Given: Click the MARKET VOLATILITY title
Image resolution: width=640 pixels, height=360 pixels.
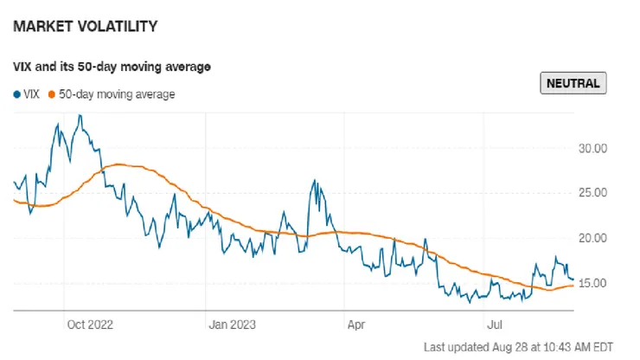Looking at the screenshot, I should [85, 27].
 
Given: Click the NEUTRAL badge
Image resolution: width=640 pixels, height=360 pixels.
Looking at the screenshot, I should [573, 83].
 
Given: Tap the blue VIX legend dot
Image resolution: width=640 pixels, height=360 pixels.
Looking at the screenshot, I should [17, 94].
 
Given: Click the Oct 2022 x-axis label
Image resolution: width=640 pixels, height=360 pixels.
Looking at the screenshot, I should [90, 325].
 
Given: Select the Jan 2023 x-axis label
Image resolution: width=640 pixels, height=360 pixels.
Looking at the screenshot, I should [234, 325].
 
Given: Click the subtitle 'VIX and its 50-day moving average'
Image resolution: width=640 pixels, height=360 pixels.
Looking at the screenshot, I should [112, 67].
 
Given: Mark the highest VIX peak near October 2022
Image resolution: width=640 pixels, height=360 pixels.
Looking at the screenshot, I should [80, 116].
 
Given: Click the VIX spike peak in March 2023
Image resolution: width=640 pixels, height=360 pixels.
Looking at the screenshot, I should [315, 181].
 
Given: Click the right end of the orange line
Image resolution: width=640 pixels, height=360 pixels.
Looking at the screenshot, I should [573, 286].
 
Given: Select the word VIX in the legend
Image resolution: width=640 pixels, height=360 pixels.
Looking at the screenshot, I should [33, 94].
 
